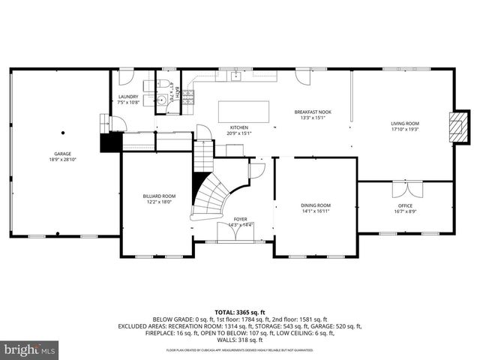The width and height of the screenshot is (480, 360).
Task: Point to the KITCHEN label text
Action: [x=238, y=128]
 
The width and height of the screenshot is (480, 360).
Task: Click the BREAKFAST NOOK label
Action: [x=313, y=112]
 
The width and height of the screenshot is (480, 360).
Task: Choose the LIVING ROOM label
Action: [x=405, y=124]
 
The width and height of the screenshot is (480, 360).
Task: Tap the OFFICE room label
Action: [x=405, y=205]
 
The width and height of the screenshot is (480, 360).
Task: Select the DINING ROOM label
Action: [x=315, y=205]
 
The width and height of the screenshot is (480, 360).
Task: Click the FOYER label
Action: [x=240, y=219]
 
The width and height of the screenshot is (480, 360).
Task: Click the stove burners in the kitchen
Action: [x=188, y=95]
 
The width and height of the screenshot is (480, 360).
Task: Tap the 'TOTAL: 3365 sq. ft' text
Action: [x=240, y=310]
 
